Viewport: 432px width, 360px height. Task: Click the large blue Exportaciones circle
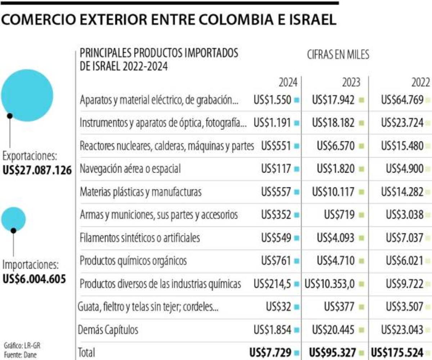(27, 95)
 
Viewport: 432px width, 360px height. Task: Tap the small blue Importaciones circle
(13, 219)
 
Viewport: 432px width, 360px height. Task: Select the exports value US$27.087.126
(37, 170)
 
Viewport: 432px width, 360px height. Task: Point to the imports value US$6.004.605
(34, 279)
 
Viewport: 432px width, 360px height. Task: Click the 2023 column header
(351, 83)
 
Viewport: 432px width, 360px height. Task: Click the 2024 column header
(288, 83)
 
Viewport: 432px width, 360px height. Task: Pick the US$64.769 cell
(402, 100)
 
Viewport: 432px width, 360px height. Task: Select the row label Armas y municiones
(159, 215)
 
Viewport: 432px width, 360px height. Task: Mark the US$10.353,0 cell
(330, 284)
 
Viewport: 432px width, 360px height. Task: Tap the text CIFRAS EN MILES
(338, 55)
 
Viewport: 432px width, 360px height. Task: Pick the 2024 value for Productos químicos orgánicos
(276, 261)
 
